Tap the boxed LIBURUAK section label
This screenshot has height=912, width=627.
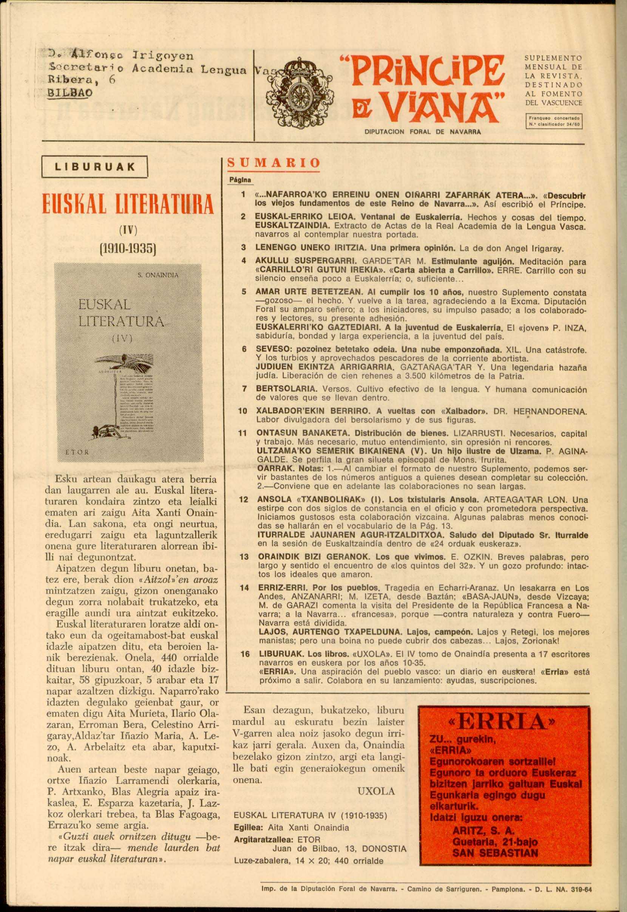tap(94, 167)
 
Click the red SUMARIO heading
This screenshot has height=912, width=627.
tap(274, 163)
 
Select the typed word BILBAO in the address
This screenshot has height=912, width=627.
tap(69, 93)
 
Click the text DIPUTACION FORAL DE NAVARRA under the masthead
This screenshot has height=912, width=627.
tap(423, 132)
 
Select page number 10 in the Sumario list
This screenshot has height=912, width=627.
tap(242, 411)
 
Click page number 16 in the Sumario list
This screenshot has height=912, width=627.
tap(245, 654)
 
